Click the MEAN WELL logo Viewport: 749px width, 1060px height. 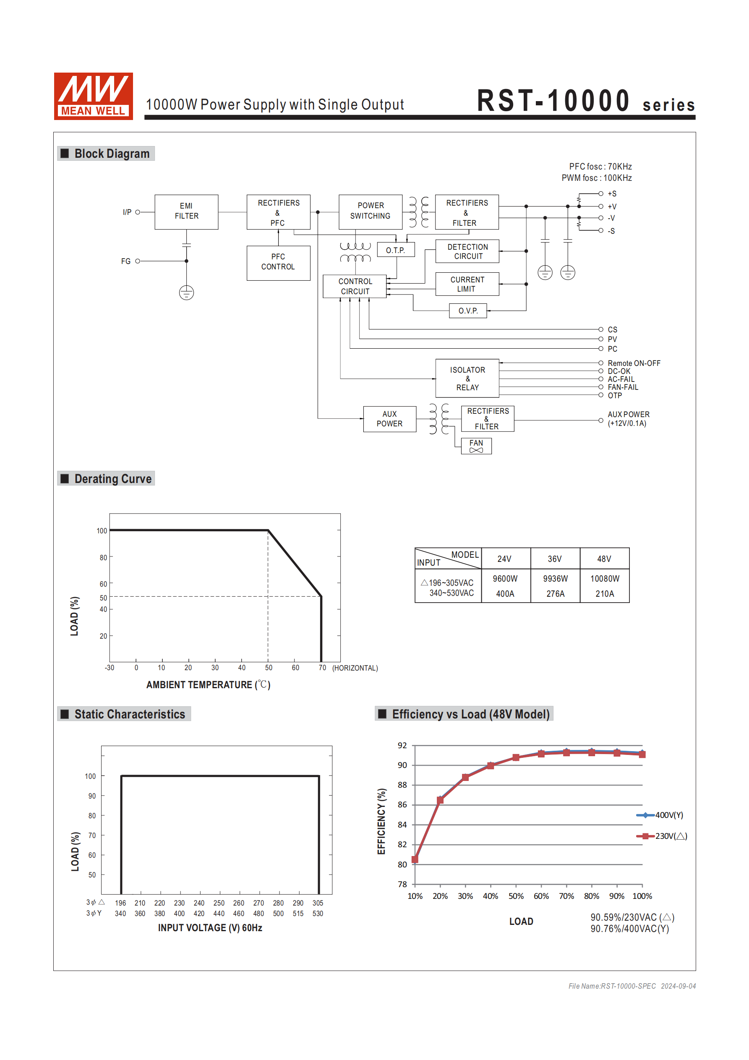pos(93,96)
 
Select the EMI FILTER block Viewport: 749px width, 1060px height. pos(186,211)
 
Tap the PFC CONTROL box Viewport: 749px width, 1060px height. pos(278,262)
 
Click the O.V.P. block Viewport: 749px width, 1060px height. pos(467,311)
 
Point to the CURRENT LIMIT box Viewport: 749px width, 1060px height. pos(467,284)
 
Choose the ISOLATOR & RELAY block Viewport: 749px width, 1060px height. pos(467,378)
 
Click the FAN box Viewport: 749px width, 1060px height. pos(476,446)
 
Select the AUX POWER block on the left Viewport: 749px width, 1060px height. pos(389,419)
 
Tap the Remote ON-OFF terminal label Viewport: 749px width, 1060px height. pos(634,363)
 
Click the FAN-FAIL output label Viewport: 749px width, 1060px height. pos(622,387)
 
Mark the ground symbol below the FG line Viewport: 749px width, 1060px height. pos(186,293)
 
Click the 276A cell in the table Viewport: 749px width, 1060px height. pos(555,594)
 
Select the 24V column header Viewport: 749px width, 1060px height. pos(504,559)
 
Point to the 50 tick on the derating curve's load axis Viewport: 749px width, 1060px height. pos(103,598)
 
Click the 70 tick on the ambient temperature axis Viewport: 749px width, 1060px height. pos(322,668)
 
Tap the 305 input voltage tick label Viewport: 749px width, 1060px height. pos(318,903)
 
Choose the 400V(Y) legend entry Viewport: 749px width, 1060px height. pos(660,815)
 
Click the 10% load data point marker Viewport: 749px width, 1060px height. pos(415,859)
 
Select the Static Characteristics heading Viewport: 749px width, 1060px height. pos(129,714)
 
